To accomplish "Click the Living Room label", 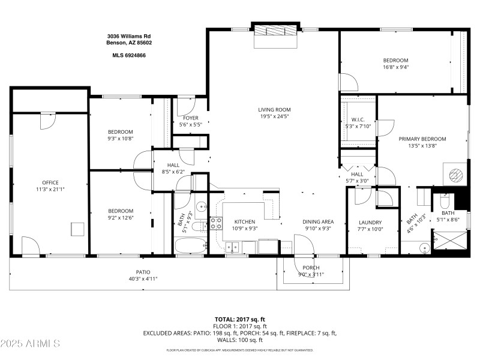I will (274, 109).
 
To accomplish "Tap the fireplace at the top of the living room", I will (275, 31).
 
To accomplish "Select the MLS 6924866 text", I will (129, 55).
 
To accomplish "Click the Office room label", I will (50, 182).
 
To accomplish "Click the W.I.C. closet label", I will (359, 119).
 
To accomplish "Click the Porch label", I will (311, 268).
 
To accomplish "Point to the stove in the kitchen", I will (215, 224).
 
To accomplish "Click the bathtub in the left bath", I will (191, 245).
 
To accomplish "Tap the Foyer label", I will (190, 118).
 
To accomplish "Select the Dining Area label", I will (318, 222).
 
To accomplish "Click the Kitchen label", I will (245, 222).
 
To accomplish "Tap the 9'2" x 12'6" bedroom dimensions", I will (121, 218).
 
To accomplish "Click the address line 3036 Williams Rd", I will (129, 36).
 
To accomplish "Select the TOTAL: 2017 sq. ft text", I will (240, 319).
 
